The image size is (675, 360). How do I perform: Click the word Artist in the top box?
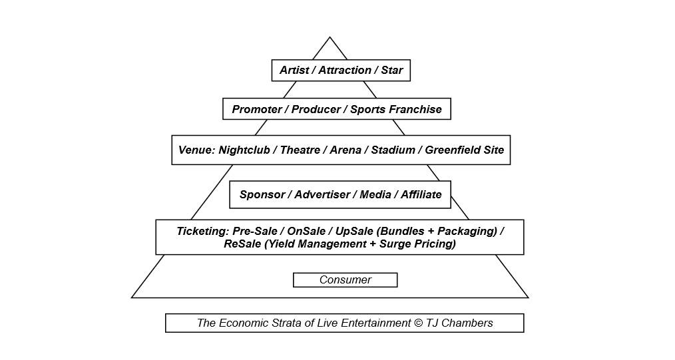point(294,70)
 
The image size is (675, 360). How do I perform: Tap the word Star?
point(392,70)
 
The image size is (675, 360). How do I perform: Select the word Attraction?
point(344,70)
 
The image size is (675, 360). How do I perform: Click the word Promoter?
point(256,109)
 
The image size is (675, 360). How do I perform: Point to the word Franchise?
point(415,109)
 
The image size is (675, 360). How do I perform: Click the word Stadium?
point(393,150)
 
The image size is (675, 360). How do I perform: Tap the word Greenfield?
point(451,150)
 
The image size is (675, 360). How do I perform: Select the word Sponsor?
point(262,194)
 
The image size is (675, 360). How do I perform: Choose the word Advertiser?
point(322,194)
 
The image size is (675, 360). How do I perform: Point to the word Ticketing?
point(201,231)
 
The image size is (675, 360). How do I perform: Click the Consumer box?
point(345,280)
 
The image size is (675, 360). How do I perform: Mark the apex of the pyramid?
point(330,37)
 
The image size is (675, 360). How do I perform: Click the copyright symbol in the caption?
point(418,323)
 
